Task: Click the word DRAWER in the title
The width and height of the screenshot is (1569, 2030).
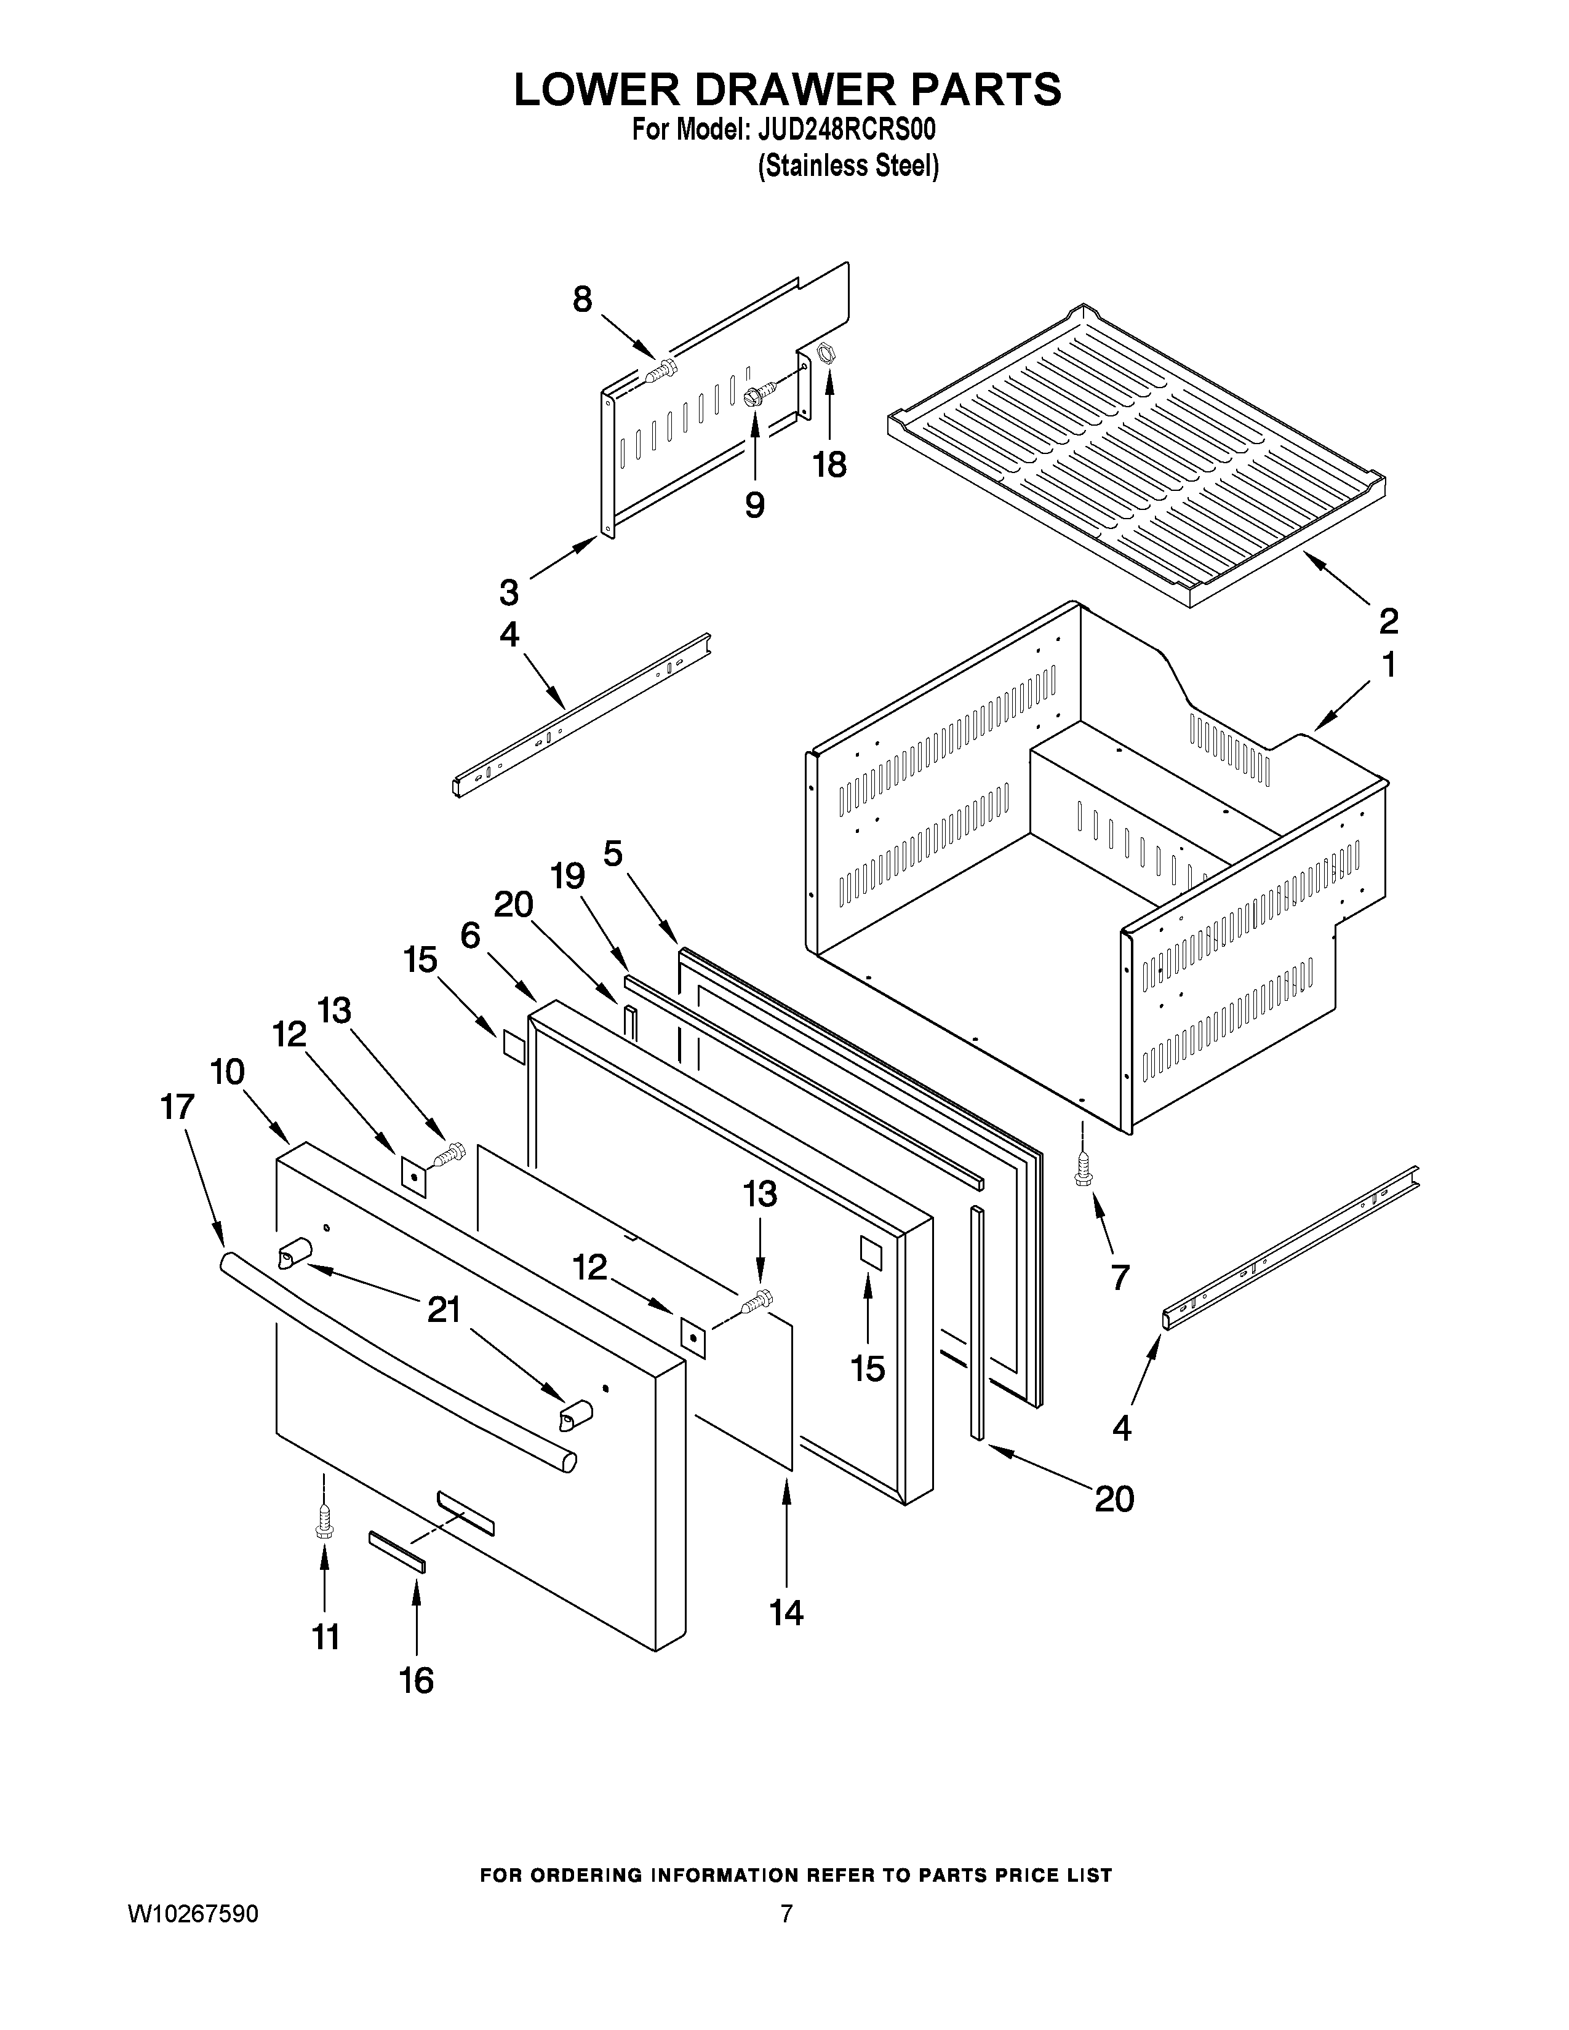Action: tap(786, 90)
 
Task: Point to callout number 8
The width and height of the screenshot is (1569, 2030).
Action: tap(582, 300)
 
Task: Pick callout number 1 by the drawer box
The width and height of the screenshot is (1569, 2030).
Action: tap(1387, 666)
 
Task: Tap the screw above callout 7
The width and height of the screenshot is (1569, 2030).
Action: tap(1083, 1170)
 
